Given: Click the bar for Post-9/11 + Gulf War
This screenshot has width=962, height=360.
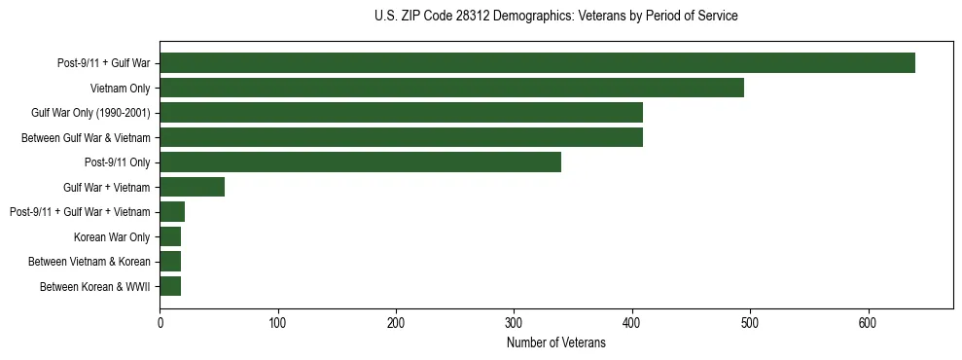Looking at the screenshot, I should (537, 63).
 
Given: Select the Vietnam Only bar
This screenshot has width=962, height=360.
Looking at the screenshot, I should (451, 88).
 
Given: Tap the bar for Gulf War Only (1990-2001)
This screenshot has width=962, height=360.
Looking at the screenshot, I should (401, 113).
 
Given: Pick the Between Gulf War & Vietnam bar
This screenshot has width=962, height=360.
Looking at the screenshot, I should (401, 137).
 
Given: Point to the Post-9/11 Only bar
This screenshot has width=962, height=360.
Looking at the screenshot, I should (360, 162).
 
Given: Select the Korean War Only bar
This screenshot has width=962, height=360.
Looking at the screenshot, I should (170, 236).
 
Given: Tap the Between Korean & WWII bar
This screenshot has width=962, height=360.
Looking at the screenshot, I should (170, 286).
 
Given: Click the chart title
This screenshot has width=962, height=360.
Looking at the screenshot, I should (555, 17).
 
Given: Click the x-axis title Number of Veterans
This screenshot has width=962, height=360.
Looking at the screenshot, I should (555, 343).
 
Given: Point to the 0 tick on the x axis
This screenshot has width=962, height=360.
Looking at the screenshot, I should (160, 322).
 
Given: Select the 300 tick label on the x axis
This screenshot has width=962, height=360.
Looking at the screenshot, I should (515, 322).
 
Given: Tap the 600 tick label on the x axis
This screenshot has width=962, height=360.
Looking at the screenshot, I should (869, 322).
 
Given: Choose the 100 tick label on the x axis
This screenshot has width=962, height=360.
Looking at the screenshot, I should (278, 322).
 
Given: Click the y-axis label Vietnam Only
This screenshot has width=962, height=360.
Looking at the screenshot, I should (120, 89).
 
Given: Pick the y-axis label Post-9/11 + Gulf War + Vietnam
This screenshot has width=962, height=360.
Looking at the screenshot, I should (80, 212).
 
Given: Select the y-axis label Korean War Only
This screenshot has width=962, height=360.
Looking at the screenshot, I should (112, 236).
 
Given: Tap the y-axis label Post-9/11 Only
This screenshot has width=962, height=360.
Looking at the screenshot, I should (118, 162).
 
